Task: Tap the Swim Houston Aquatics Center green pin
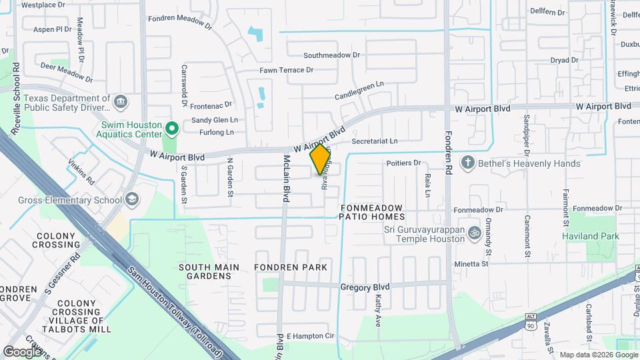172,127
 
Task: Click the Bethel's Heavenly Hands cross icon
469,163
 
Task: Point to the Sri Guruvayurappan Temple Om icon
475,233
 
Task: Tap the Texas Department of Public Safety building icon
121,102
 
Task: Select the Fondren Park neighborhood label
291,267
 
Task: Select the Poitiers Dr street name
404,163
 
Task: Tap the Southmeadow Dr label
331,55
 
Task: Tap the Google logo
23,351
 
